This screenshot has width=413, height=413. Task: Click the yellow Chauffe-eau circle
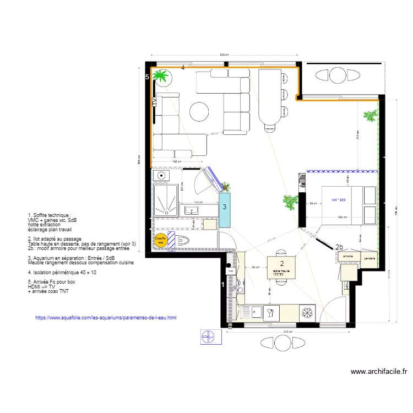[161, 240]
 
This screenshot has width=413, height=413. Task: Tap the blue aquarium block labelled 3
[225, 208]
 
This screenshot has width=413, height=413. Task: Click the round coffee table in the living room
[199, 112]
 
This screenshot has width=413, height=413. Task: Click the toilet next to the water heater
[184, 240]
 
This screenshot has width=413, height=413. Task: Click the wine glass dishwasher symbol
[270, 313]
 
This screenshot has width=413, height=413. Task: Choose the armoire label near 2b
[347, 257]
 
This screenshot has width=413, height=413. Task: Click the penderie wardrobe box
[369, 258]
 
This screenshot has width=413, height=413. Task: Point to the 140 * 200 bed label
[339, 200]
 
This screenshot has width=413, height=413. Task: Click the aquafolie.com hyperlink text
[106, 318]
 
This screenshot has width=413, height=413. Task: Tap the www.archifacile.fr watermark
[378, 372]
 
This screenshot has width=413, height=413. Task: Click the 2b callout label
[339, 247]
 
